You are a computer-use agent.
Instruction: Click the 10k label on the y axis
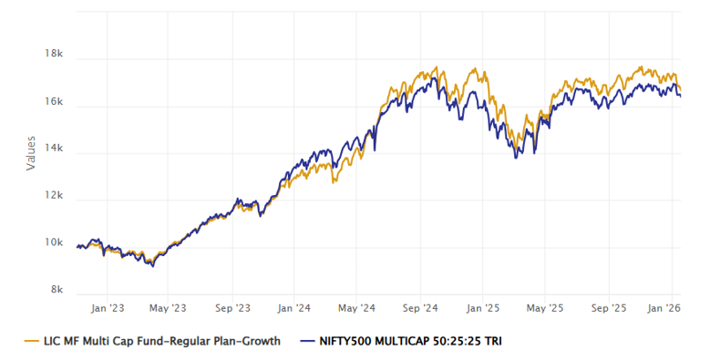click(x=54, y=244)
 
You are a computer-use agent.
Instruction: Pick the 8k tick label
click(x=57, y=291)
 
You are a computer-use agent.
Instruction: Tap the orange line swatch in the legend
click(x=30, y=342)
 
